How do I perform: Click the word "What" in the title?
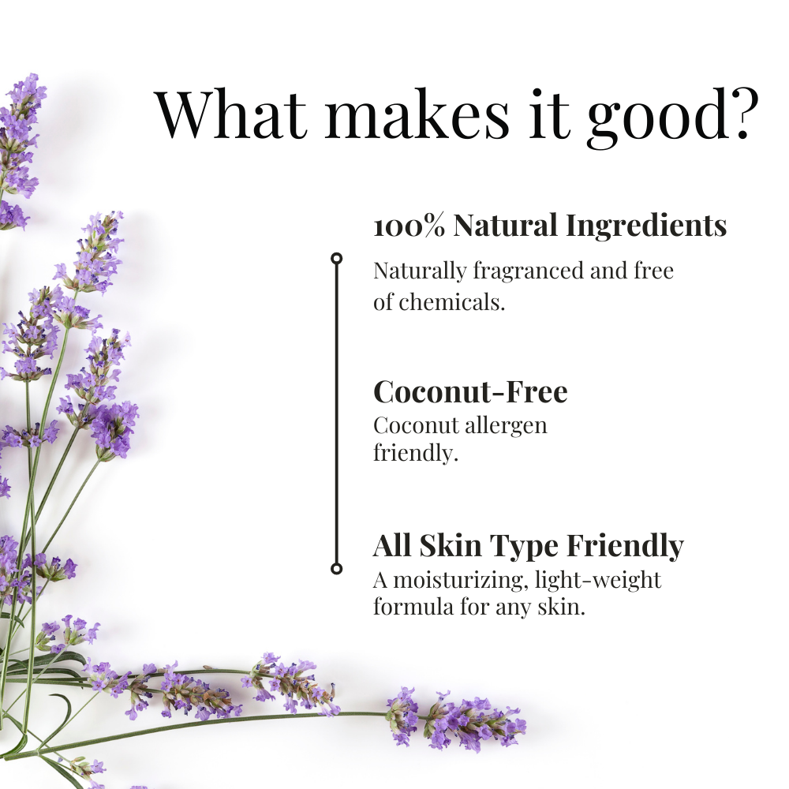coord(231,114)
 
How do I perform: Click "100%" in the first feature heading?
coord(409,226)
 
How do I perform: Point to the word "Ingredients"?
coord(646,226)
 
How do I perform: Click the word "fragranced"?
coord(528,271)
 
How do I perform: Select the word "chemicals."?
coord(451,302)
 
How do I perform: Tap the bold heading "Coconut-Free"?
coord(470,392)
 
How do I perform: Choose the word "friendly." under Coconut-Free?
coord(416,452)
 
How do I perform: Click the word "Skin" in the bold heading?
coord(450,545)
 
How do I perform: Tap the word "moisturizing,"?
coord(461,581)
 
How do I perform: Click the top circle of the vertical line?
coord(337,259)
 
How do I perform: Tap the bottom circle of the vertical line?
coord(337,569)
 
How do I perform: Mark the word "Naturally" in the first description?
coord(420,272)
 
